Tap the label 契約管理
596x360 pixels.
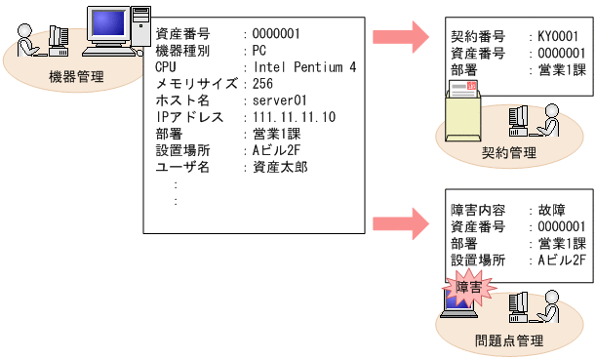[x=509, y=153]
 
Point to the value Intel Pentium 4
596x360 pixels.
[x=304, y=66]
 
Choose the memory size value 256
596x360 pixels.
[x=263, y=84]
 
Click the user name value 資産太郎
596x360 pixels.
[x=278, y=167]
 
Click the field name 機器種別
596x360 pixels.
[x=182, y=50]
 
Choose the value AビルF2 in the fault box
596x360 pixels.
[x=561, y=260]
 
